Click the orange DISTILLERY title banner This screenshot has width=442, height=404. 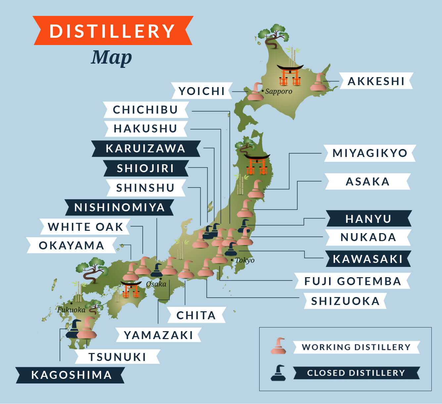click(x=113, y=31)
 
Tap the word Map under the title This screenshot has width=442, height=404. click(x=112, y=58)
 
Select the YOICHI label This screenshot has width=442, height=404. click(x=202, y=91)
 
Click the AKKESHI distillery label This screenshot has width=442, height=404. click(x=376, y=81)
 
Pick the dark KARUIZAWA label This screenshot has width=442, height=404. click(x=145, y=148)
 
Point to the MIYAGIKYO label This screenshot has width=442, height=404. click(x=369, y=153)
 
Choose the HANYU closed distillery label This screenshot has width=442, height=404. click(x=368, y=219)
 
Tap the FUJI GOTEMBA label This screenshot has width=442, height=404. click(x=353, y=281)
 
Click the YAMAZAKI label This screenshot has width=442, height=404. click(x=158, y=335)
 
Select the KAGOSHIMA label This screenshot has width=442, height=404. click(x=71, y=375)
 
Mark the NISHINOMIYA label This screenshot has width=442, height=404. click(x=119, y=207)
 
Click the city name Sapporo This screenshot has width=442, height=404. click(x=278, y=91)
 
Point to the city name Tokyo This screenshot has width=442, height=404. click(x=245, y=260)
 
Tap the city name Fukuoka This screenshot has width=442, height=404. click(x=71, y=310)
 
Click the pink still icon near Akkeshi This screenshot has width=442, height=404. click(x=318, y=83)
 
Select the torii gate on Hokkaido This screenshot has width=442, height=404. click(x=290, y=75)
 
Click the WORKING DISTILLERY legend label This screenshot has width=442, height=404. click(x=356, y=347)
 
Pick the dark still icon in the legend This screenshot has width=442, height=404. click(x=278, y=373)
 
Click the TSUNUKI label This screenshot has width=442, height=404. click(x=117, y=357)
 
